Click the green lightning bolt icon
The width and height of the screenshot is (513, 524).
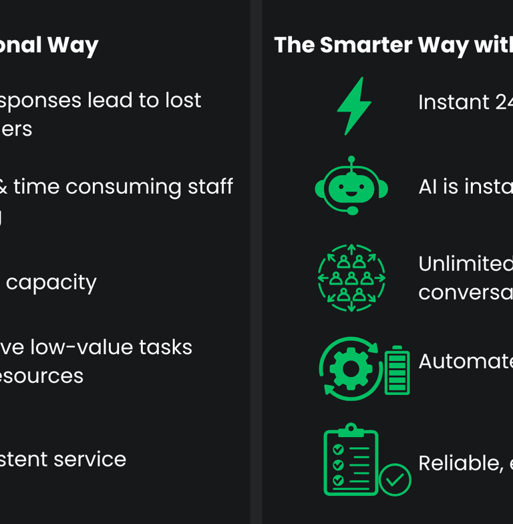point(353,106)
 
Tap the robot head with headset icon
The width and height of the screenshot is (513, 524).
point(351,186)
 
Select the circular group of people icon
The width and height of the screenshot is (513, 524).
point(351,278)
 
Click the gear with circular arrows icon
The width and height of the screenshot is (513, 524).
point(350,368)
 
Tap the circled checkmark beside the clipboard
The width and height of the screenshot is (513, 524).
point(395,479)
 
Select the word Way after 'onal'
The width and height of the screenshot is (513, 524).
point(71,45)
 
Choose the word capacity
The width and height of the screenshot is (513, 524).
point(51,283)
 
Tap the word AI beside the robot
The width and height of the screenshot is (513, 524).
point(428,187)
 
